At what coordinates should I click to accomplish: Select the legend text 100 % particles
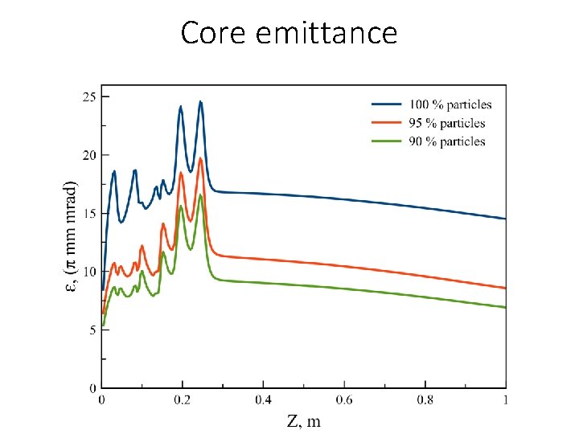point(450,104)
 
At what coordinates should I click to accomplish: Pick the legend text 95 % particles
point(447,123)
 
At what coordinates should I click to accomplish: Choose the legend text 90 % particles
point(447,141)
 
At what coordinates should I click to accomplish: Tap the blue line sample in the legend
point(387,104)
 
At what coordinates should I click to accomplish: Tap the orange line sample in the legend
point(387,123)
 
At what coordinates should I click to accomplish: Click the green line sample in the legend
point(387,141)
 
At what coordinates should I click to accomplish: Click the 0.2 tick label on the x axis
point(183,399)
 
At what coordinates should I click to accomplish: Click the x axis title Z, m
point(302,420)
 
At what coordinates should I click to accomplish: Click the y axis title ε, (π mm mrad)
point(71,236)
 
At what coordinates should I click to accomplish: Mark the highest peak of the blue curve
point(201,101)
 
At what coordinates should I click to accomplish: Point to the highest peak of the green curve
point(201,195)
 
